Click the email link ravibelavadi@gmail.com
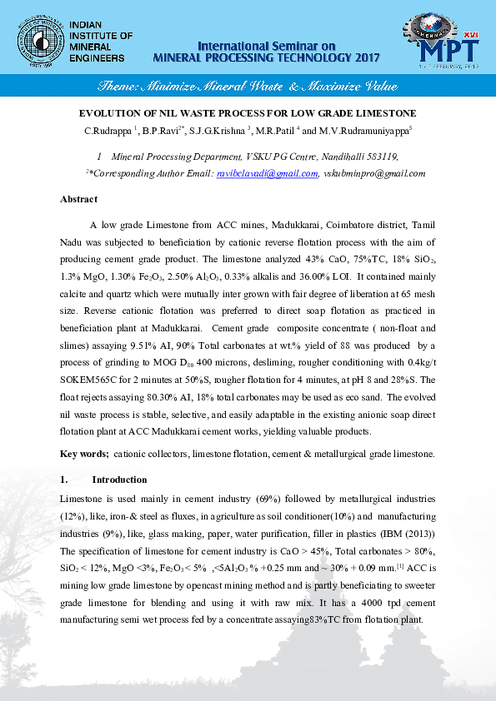[x=267, y=173]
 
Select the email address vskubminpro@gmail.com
[x=374, y=173]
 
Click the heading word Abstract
[x=78, y=199]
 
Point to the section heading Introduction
[x=119, y=480]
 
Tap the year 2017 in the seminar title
[x=363, y=57]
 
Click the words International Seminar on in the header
[x=266, y=45]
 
